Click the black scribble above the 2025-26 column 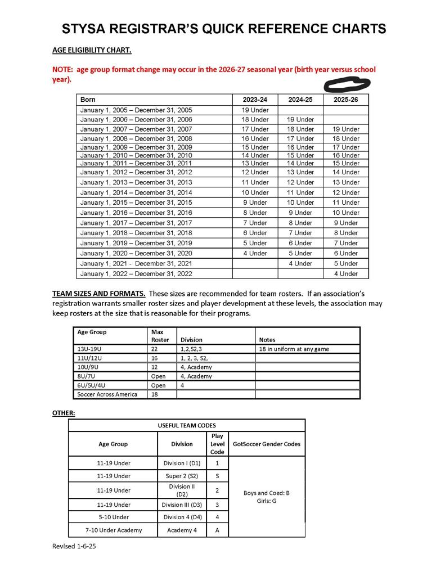347,85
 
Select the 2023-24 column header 255,100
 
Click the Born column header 88,100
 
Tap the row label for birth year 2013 136,182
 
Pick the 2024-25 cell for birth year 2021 300,263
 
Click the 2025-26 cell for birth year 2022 345,273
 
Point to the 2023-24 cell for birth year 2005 255,110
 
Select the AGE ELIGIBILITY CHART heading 92,50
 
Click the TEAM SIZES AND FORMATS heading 99,294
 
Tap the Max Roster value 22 155,349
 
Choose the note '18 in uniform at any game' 294,349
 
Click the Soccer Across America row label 107,394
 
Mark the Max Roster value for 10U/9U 155,367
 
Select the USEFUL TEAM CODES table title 187,425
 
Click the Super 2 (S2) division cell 182,476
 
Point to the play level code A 217,530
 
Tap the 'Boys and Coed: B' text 266,493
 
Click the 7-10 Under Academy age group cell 113,530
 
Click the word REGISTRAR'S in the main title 177,29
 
